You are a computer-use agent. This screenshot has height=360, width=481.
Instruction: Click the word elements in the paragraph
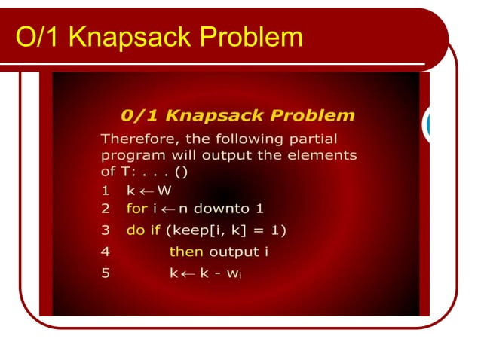[325, 155]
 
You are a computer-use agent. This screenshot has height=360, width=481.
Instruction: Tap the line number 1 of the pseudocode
[106, 191]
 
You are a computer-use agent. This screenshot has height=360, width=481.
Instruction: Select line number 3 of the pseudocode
[106, 230]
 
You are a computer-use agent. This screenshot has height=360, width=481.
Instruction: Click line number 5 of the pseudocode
[106, 273]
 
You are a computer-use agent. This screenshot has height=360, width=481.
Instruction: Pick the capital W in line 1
[164, 191]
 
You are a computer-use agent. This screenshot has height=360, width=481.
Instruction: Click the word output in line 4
[238, 252]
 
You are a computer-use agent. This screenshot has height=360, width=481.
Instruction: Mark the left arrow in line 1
[146, 191]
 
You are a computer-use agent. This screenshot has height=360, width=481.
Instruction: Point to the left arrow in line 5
[189, 273]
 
